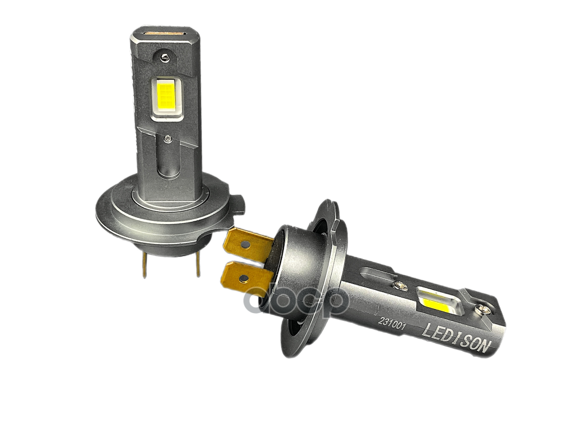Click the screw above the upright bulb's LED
[164, 55]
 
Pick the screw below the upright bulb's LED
[171, 139]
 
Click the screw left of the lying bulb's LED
[400, 285]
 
